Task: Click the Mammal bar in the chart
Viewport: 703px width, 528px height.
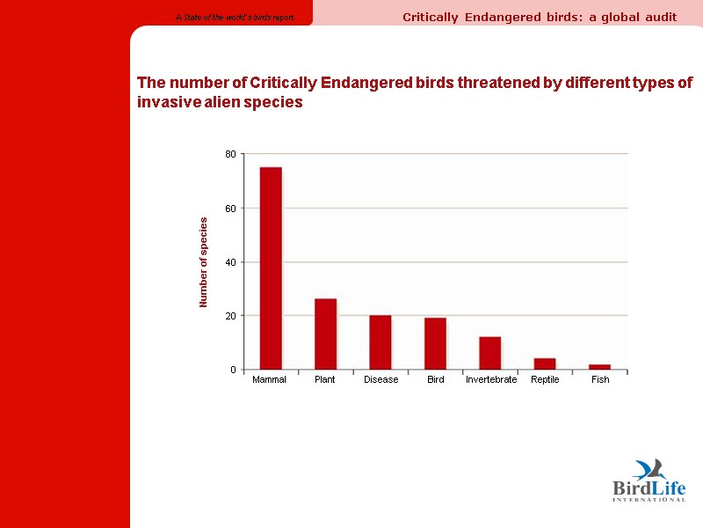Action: [x=271, y=268]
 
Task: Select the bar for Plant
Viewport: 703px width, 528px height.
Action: [x=325, y=334]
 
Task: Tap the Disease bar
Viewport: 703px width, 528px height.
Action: [x=380, y=342]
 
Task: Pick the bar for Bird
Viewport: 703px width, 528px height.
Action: [x=435, y=343]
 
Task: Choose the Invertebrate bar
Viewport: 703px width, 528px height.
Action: [x=490, y=353]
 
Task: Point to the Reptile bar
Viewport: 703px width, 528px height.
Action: [x=545, y=363]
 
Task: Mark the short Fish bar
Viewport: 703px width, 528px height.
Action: [x=600, y=367]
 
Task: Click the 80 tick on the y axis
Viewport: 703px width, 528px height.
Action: [x=231, y=154]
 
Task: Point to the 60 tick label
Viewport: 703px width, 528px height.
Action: [x=231, y=209]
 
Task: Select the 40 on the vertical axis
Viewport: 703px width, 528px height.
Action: [x=231, y=262]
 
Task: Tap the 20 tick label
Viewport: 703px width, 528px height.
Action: [x=231, y=316]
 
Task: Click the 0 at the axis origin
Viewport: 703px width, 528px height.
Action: [x=234, y=370]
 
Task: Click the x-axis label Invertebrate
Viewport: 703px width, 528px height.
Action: [x=491, y=380]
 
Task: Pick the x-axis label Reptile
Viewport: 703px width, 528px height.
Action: [x=545, y=380]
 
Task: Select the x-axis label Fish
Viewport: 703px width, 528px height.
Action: [x=600, y=380]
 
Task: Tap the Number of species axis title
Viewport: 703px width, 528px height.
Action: [x=203, y=262]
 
